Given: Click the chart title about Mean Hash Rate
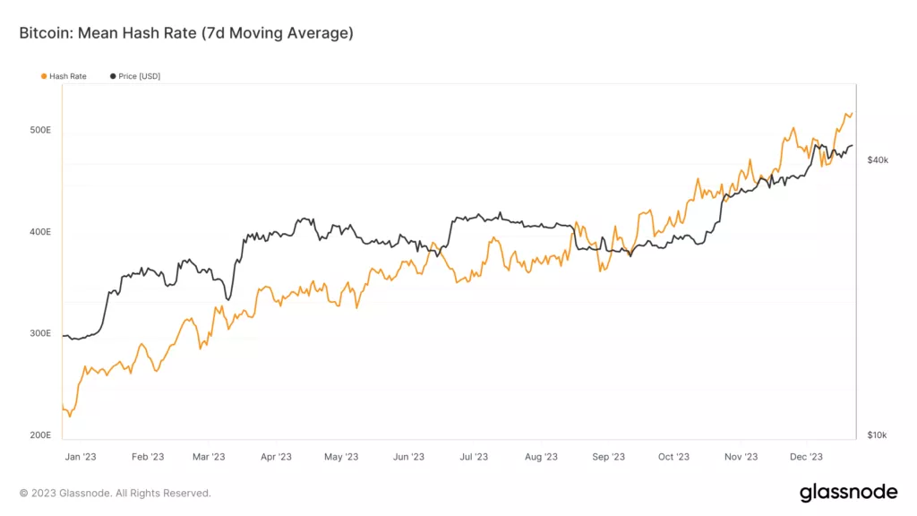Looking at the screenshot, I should [x=186, y=33].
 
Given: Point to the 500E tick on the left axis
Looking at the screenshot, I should [x=41, y=130].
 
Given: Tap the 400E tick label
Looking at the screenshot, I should [x=41, y=232].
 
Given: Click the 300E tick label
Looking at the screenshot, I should [x=41, y=333].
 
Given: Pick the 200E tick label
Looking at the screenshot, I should [x=41, y=435].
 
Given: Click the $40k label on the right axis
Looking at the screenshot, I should [x=878, y=159].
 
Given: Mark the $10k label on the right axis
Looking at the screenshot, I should [x=877, y=435].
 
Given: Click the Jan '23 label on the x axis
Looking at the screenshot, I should [x=81, y=457].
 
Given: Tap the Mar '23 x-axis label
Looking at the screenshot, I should [x=209, y=457].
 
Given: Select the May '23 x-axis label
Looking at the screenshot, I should [x=341, y=457].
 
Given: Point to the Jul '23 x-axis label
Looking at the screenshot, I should [x=473, y=457].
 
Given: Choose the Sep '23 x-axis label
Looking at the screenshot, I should [x=608, y=457].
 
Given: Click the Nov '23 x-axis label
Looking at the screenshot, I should [x=741, y=457].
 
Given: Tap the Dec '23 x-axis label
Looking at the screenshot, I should [x=806, y=457].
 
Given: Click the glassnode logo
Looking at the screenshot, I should [x=848, y=492].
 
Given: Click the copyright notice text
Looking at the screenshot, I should [x=116, y=493].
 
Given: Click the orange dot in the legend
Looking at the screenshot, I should [x=44, y=76].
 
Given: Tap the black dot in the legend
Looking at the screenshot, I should [x=113, y=76].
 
